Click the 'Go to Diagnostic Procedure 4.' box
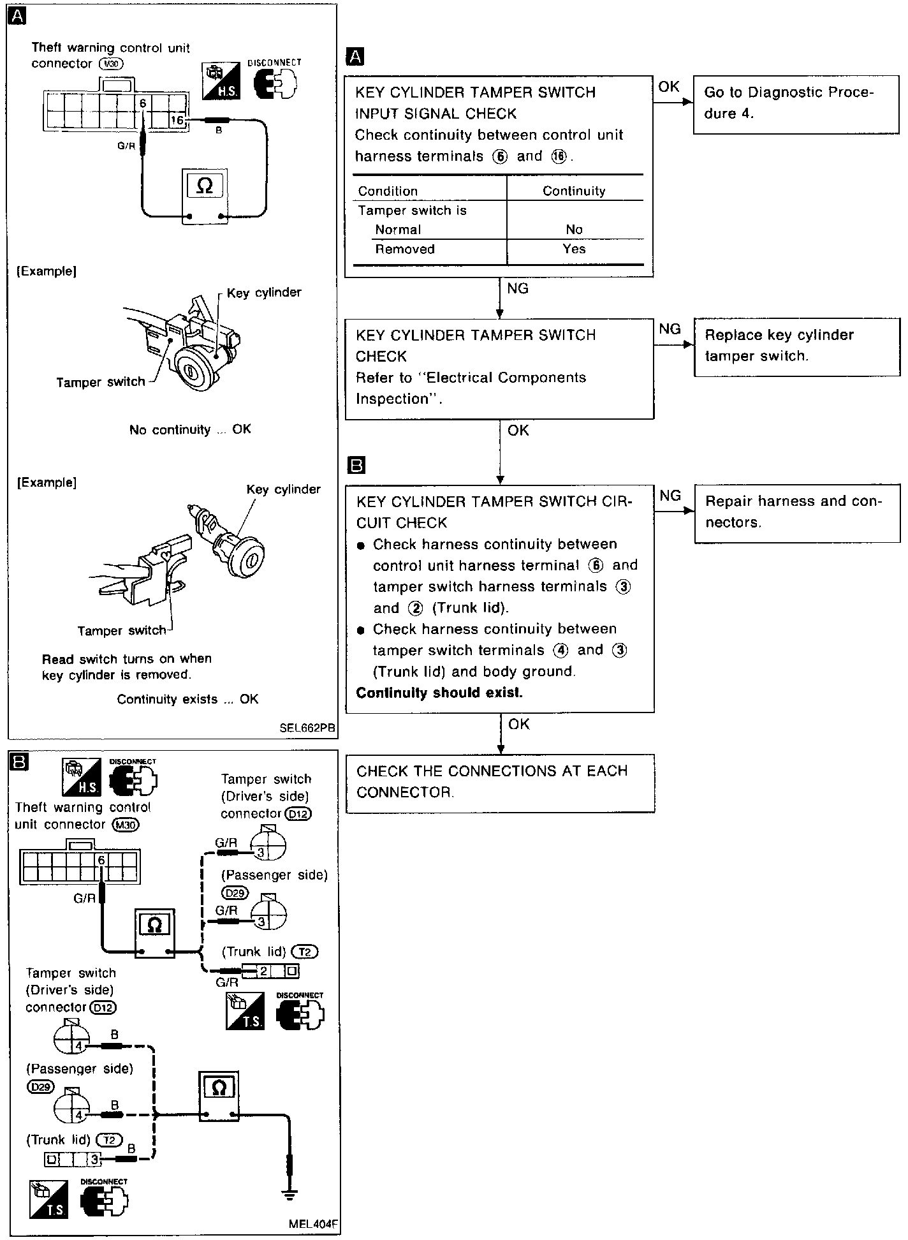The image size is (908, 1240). click(x=796, y=103)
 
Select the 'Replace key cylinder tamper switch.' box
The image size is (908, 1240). click(x=796, y=346)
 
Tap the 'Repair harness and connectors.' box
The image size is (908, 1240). click(x=796, y=512)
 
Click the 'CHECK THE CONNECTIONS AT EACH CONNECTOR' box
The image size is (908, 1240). click(x=500, y=782)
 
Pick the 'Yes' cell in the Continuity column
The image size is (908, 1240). click(x=574, y=249)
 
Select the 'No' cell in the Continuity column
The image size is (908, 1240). click(x=574, y=230)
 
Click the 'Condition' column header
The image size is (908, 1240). click(x=388, y=191)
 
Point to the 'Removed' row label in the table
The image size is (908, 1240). click(x=405, y=249)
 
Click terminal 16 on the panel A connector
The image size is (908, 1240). click(x=177, y=120)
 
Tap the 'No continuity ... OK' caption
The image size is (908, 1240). click(x=190, y=430)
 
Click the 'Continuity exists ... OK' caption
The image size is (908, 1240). click(x=187, y=700)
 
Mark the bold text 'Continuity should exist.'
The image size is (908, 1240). click(x=439, y=693)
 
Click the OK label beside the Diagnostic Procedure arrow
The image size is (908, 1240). click(x=668, y=87)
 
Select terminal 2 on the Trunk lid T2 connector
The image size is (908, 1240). click(x=263, y=971)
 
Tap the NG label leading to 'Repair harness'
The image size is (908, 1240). click(x=670, y=496)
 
